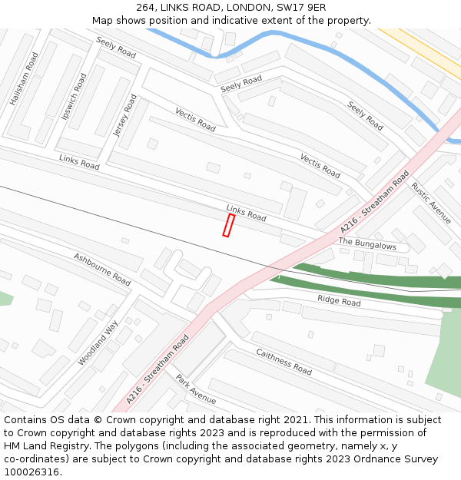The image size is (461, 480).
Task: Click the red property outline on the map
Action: click(228, 225)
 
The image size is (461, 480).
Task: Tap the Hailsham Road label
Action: click(24, 79)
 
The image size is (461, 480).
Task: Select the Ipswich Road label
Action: click(74, 97)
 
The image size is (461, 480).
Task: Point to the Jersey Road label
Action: click(124, 115)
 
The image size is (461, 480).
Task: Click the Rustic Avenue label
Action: click(431, 202)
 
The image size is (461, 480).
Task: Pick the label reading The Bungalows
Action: click(367, 244)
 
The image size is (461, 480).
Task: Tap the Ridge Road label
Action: click(339, 301)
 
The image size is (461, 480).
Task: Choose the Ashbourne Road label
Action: click(102, 269)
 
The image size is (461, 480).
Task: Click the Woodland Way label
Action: click(98, 343)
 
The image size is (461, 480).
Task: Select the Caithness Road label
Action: click(284, 362)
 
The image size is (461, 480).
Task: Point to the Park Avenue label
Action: click(195, 389)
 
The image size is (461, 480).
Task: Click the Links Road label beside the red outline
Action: click(246, 213)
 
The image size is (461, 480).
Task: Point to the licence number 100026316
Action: click(32, 472)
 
